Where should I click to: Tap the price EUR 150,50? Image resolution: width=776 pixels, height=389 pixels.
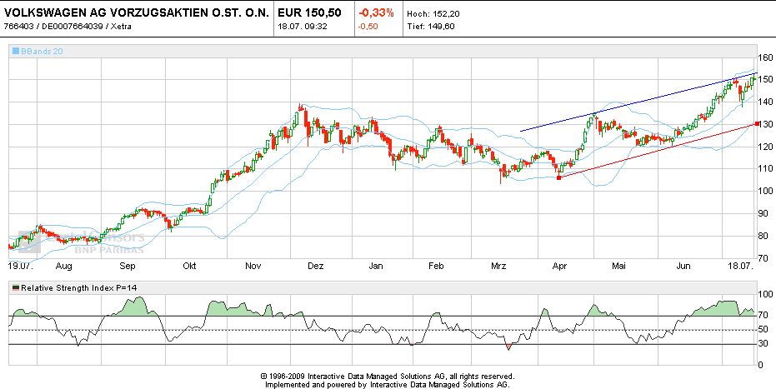click(306, 13)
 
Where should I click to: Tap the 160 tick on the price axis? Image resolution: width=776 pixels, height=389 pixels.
click(765, 57)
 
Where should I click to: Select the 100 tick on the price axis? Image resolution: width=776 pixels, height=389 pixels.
click(765, 191)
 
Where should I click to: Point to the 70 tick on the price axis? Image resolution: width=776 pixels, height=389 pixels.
click(765, 258)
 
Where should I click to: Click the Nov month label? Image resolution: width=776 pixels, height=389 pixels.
click(256, 266)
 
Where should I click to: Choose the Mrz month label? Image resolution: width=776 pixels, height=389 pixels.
click(498, 266)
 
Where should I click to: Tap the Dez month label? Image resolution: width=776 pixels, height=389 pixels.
click(316, 266)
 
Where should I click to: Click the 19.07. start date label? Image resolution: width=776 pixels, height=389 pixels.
click(20, 266)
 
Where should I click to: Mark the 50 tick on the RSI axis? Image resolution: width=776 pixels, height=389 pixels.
click(763, 331)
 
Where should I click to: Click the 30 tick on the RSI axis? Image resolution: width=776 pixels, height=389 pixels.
click(763, 344)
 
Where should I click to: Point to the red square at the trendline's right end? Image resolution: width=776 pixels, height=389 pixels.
click(756, 124)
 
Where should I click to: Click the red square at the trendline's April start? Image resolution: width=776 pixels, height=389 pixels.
click(558, 177)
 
